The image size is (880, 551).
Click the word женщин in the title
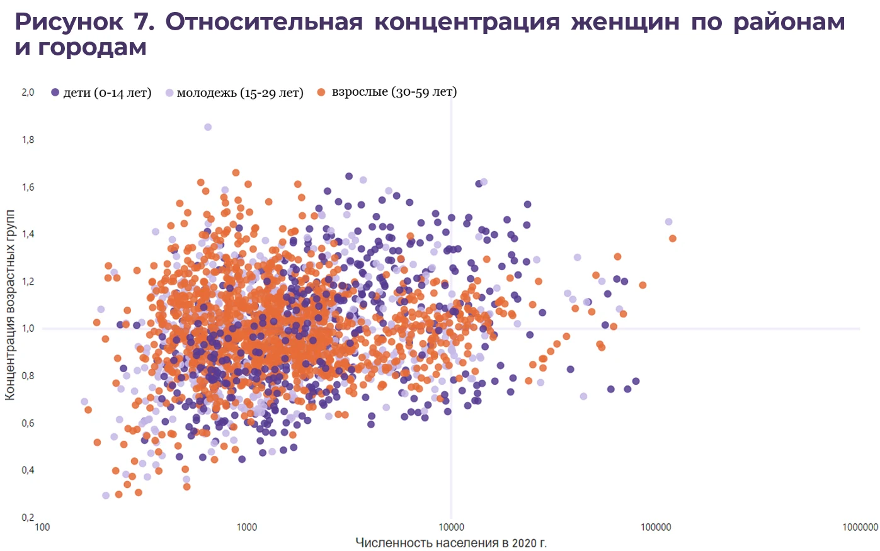click(625, 22)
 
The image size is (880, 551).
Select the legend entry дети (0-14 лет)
click(101, 93)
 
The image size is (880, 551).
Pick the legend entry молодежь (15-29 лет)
click(234, 93)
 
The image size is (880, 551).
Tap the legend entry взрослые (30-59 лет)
click(387, 92)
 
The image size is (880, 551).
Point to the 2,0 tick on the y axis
click(28, 93)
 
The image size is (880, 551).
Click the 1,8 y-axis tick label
click(28, 140)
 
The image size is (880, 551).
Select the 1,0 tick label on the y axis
click(28, 328)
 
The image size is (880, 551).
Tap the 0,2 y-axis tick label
click(28, 517)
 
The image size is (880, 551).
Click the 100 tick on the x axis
click(42, 527)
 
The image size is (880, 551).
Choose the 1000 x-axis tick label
click(247, 527)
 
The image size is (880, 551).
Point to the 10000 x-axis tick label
click(451, 527)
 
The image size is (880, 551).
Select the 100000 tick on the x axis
click(656, 527)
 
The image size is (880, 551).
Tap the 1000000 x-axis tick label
click(860, 527)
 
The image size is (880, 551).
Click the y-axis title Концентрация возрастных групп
click(10, 305)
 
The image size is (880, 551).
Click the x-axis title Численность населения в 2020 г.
click(451, 543)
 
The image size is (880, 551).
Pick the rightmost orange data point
click(673, 239)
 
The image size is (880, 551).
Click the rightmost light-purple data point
click(668, 222)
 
